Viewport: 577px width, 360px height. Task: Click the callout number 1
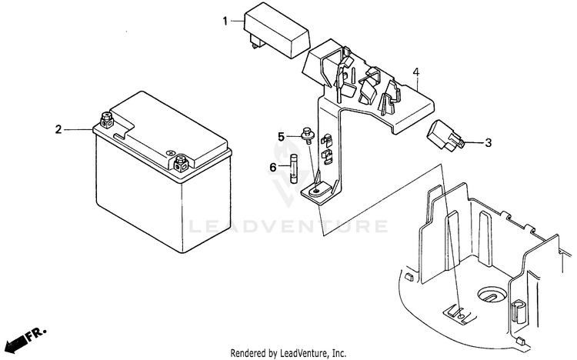(226, 22)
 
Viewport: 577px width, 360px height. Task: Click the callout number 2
(57, 129)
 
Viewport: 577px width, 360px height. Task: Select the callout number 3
(489, 142)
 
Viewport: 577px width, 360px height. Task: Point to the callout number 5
(281, 137)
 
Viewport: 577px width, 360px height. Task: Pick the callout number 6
(272, 167)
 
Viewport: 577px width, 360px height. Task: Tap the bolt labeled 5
(307, 136)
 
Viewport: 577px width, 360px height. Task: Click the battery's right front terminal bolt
(182, 162)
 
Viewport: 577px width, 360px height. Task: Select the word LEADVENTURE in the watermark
(288, 227)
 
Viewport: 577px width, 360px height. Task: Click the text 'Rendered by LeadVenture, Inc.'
(288, 353)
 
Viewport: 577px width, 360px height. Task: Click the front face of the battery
(138, 200)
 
